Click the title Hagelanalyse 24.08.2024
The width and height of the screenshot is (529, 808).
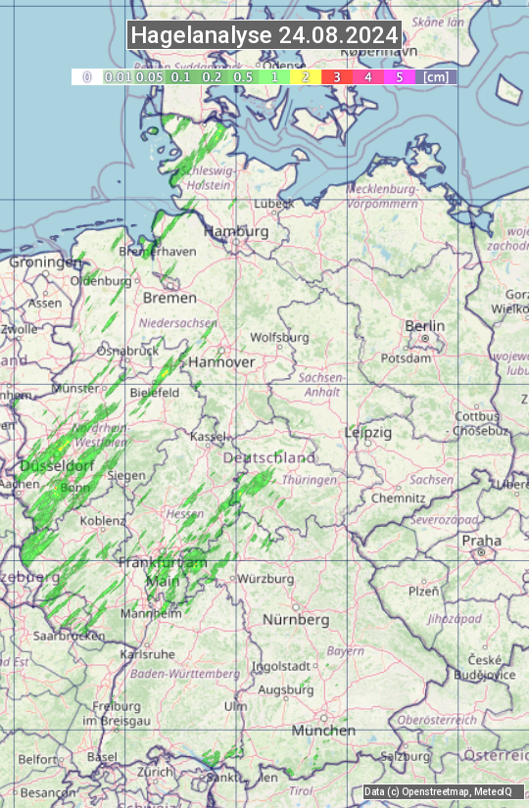click(x=264, y=35)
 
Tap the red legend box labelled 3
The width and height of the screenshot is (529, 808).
click(x=336, y=76)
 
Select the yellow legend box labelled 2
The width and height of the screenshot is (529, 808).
click(x=305, y=76)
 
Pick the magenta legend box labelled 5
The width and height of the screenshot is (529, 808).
click(x=399, y=76)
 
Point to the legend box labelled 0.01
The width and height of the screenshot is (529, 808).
click(x=118, y=76)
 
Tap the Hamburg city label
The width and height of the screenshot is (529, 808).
click(x=236, y=232)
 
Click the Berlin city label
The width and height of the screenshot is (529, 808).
click(x=425, y=326)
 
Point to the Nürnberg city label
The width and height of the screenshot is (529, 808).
click(x=296, y=620)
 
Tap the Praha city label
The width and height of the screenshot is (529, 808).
click(x=481, y=541)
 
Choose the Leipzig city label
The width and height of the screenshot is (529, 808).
click(x=368, y=432)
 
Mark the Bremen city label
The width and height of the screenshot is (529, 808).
click(x=169, y=298)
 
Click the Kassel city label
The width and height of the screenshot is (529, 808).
click(x=208, y=436)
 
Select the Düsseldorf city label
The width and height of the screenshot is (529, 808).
click(x=57, y=465)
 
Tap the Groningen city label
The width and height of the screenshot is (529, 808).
click(x=44, y=262)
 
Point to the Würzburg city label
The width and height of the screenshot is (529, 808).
click(x=265, y=579)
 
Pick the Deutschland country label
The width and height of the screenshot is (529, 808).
click(x=269, y=458)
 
